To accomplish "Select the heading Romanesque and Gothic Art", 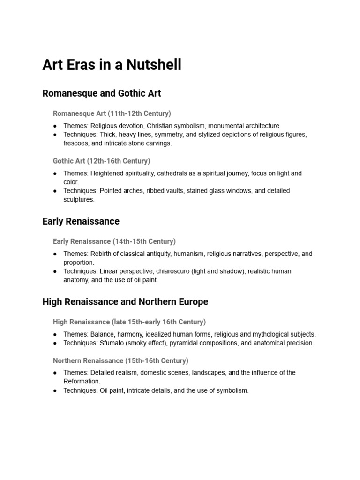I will (102, 93).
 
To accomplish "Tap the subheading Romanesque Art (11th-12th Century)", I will (112, 113).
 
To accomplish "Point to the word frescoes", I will (77, 143).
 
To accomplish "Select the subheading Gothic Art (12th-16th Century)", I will (102, 161).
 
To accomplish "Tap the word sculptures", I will (79, 199).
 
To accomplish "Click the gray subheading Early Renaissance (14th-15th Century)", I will (114, 241).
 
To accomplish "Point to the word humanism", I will (188, 254).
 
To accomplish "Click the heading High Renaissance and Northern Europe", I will (125, 302).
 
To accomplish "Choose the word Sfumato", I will (113, 343).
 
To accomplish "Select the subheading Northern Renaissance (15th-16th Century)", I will (121, 360).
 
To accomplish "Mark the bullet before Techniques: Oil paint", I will (55, 390).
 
